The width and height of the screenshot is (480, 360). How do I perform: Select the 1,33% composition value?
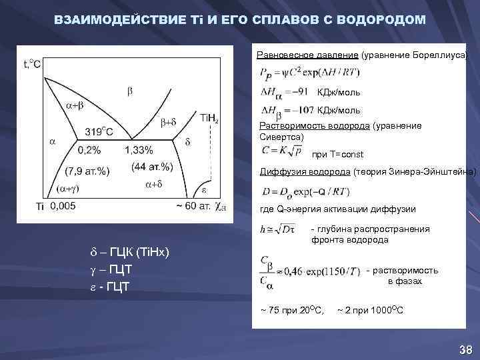coord(139,150)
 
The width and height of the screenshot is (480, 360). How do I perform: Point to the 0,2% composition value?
coord(89,150)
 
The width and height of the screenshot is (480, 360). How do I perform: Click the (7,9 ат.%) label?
coord(87,170)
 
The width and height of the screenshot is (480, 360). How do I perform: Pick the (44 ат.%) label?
coord(152,166)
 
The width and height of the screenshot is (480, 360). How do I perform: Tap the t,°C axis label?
coord(32,64)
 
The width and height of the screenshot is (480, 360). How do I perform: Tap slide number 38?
coord(465,350)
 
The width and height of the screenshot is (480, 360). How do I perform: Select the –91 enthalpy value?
coord(297,92)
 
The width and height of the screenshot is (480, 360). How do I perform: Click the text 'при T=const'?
coord(337,154)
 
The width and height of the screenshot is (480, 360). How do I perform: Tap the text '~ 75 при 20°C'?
coord(292,310)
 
